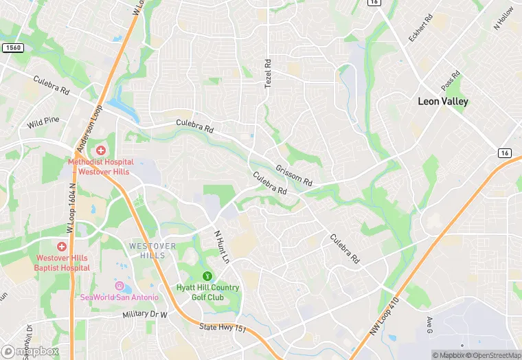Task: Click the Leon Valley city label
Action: point(443,101)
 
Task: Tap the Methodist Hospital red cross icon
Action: point(101,150)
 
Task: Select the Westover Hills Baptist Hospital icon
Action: point(62,246)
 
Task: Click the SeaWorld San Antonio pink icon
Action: point(119,286)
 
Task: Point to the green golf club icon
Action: point(208,276)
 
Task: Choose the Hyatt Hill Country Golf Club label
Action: point(208,292)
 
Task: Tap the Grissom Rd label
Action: point(294,175)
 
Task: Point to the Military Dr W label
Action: point(145,314)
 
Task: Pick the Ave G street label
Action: point(430,322)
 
